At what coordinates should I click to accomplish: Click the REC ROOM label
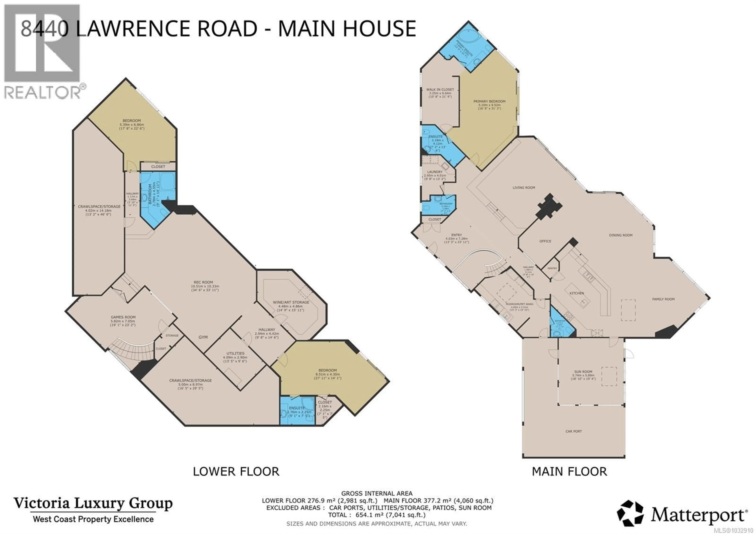point(203,282)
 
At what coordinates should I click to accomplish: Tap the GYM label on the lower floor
point(203,337)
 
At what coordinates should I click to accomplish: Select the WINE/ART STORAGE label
point(291,302)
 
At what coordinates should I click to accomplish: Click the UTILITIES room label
point(235,353)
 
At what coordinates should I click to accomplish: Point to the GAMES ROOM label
point(123,317)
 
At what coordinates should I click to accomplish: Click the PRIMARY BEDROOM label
point(489,101)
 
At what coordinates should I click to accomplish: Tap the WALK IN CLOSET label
point(440,90)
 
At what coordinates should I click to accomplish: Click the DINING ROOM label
point(621,235)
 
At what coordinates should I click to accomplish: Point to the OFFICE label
point(545,241)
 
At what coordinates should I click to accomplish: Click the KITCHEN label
point(577,293)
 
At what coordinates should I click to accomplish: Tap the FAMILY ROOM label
point(663,299)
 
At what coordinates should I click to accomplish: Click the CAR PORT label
point(573,431)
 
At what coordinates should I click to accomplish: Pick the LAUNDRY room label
point(435,172)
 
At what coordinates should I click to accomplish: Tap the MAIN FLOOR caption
point(569,471)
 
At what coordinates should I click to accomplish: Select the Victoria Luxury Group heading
point(93,503)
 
